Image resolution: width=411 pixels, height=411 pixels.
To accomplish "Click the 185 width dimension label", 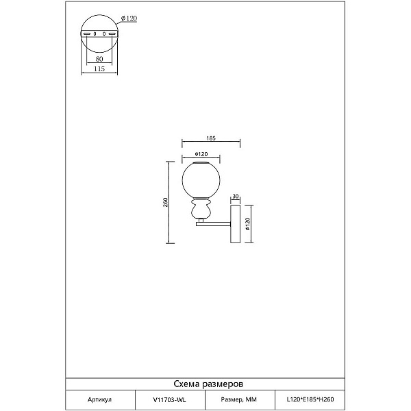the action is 211,138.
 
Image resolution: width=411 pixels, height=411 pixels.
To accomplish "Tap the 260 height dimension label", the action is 165,202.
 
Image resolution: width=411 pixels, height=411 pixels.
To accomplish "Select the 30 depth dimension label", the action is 236,197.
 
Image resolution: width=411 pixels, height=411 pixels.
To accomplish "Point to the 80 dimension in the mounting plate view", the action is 99,59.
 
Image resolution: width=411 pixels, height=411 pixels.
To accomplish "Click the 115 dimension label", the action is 99,69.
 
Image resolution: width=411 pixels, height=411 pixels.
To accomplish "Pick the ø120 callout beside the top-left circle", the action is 129,18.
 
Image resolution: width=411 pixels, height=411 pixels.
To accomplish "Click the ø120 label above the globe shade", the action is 201,154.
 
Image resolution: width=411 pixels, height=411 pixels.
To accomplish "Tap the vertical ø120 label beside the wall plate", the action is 248,224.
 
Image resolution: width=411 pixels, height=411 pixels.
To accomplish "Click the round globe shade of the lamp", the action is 201,179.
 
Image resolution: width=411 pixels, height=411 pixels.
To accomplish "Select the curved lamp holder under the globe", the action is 201,208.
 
